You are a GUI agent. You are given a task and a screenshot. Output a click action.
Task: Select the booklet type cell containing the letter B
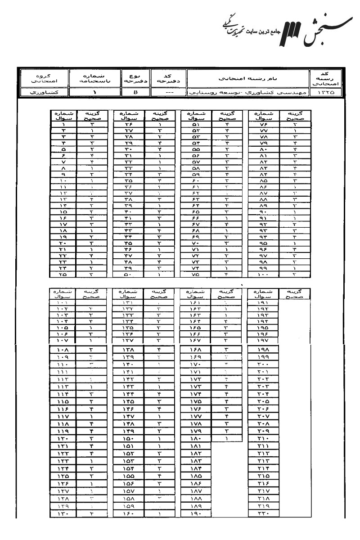point(135,92)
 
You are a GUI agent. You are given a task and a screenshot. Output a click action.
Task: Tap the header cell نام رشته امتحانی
point(247,78)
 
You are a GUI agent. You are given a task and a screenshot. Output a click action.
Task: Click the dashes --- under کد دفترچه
point(168,92)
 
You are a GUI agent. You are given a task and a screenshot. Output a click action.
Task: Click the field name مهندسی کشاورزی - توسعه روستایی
point(247,92)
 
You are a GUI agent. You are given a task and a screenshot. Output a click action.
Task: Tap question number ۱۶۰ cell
point(128,513)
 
